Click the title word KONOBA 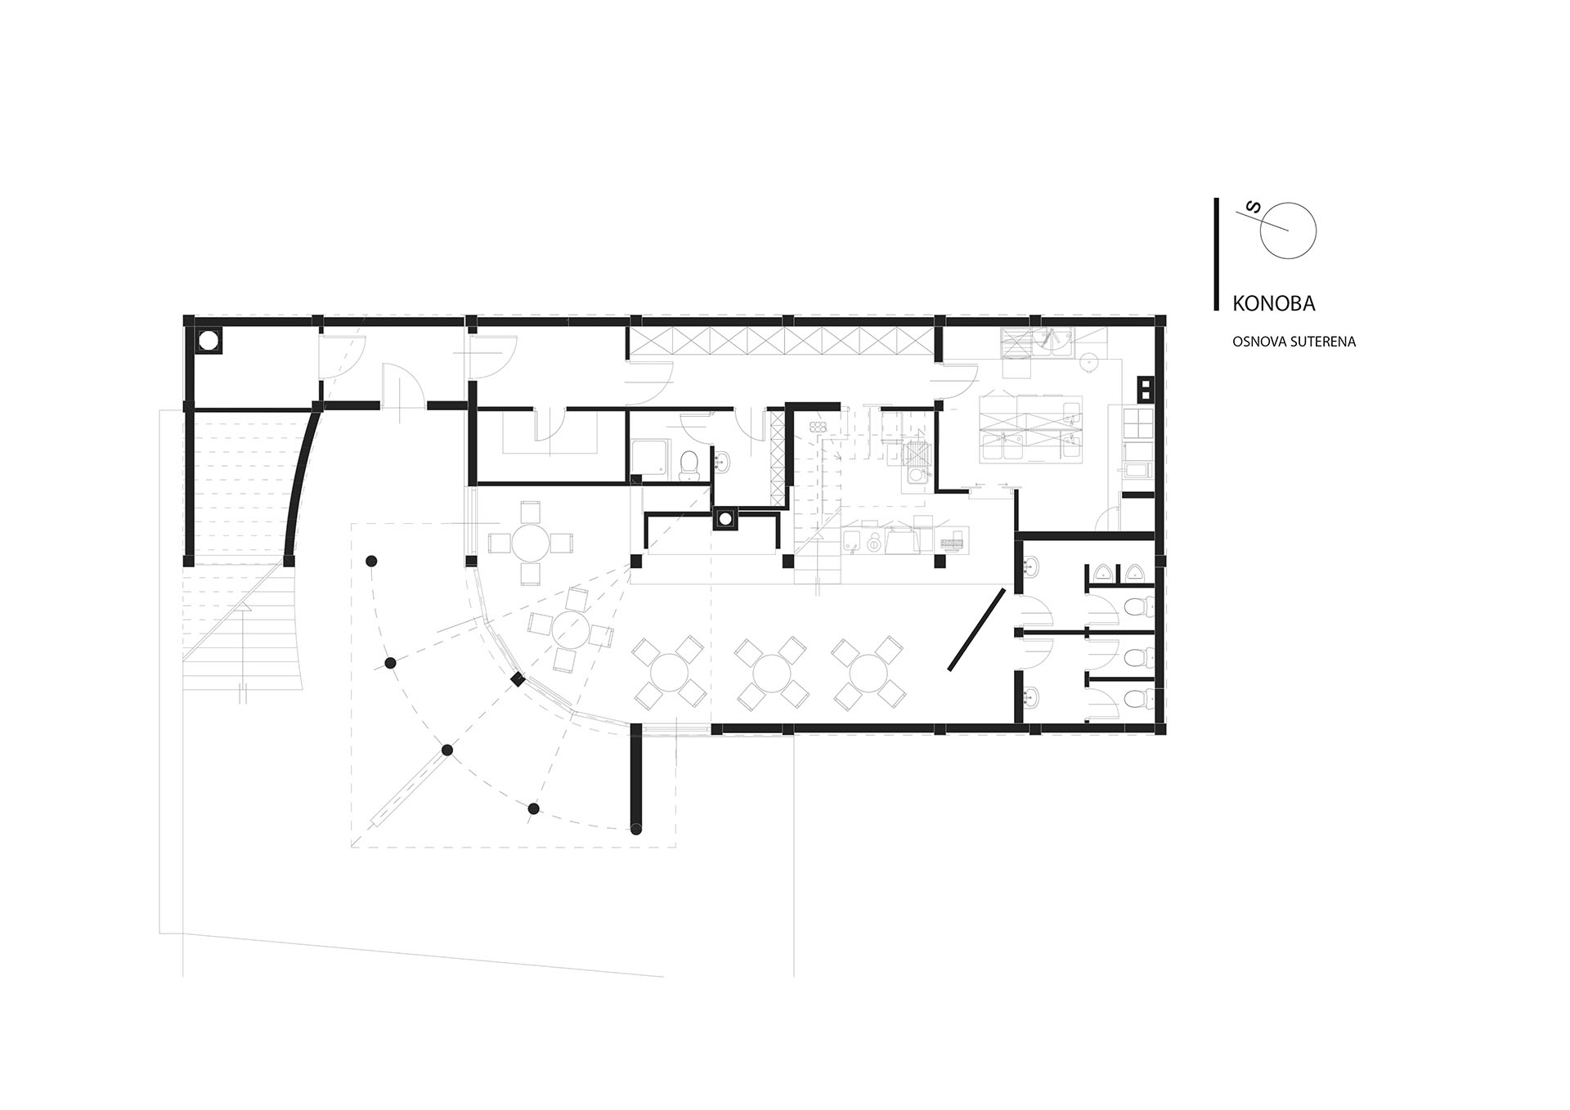coord(1274,303)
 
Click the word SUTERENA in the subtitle coord(1321,342)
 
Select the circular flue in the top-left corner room coord(209,340)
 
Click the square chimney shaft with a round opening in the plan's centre coord(724,519)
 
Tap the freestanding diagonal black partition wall coord(976,629)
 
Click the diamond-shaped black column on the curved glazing coord(518,679)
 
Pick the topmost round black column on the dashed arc coord(371,561)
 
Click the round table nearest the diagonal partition coord(868,673)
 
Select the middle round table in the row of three coord(771,673)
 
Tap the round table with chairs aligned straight coord(531,543)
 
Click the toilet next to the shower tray coord(690,463)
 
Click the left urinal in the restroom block coord(1103,575)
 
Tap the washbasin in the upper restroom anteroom coord(1030,565)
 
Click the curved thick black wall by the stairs coord(303,485)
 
